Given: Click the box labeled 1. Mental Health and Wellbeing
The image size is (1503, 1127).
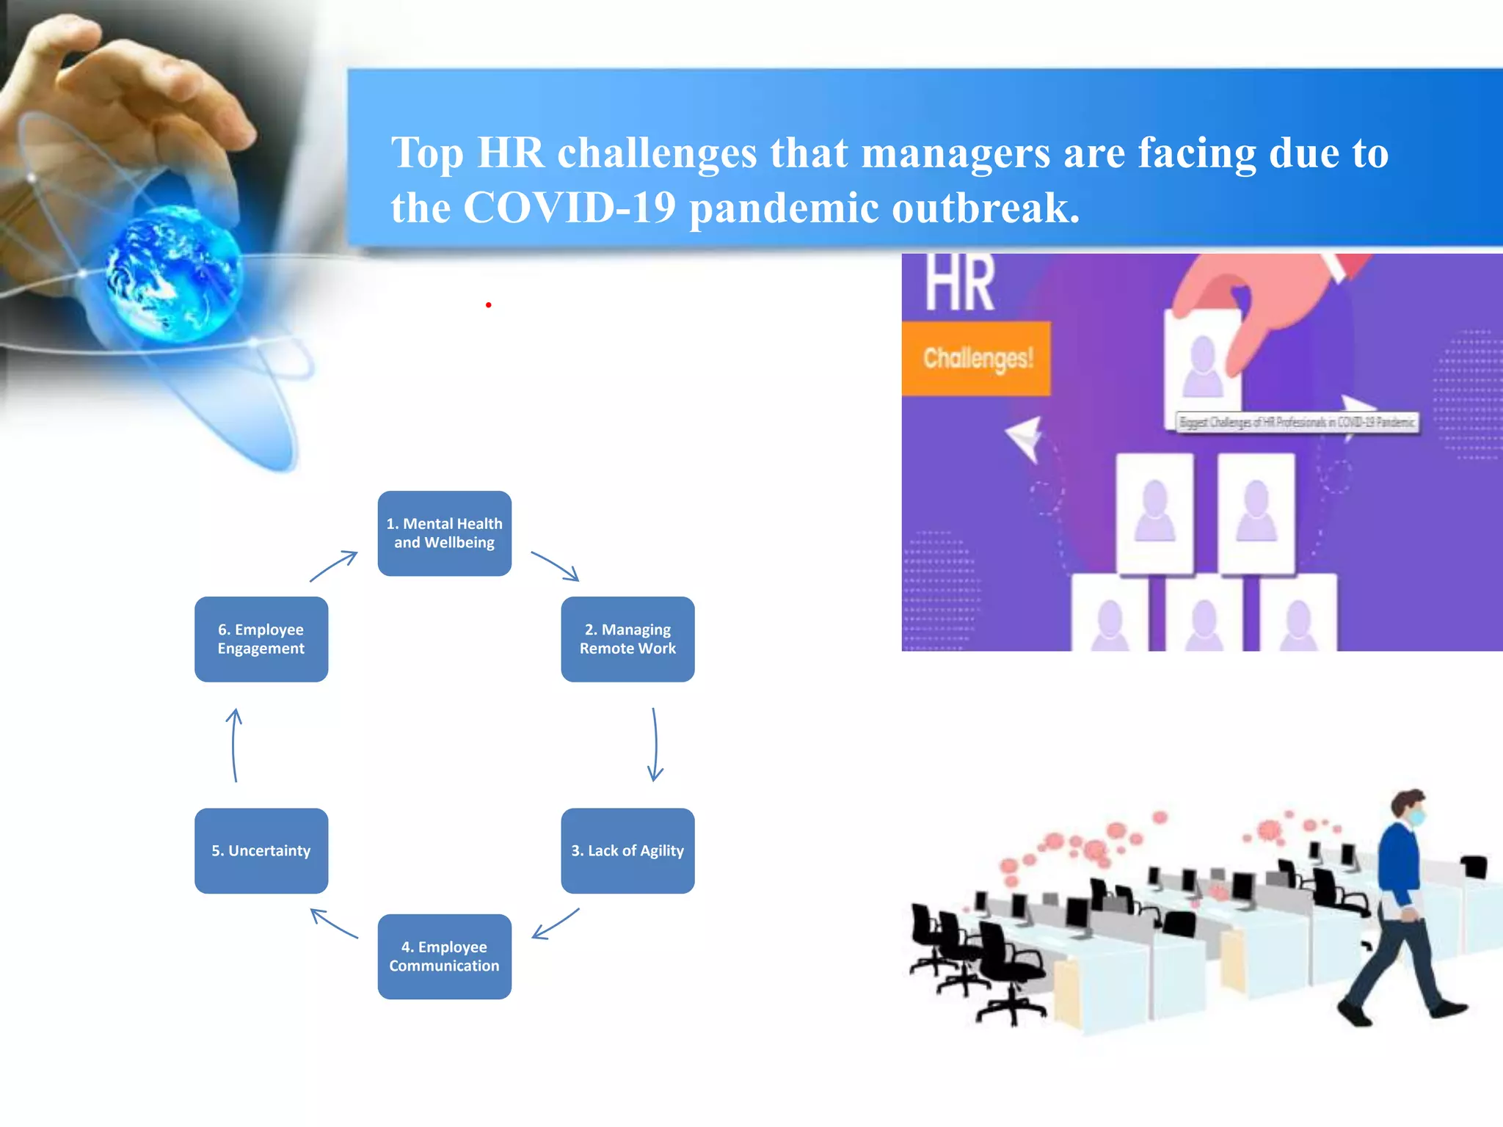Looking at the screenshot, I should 444,533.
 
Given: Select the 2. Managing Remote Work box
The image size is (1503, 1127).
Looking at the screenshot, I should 627,639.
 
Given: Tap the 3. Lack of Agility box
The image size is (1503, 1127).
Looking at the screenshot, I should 627,850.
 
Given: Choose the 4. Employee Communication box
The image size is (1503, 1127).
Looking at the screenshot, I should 444,956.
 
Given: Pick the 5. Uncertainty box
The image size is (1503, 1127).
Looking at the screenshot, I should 261,850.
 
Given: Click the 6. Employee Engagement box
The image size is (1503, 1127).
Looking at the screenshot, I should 261,639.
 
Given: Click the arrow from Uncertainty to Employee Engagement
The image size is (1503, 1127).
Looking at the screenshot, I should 234,745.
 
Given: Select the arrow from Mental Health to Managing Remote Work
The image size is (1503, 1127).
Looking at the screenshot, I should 556,566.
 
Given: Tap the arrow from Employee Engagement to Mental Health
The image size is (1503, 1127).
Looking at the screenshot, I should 333,566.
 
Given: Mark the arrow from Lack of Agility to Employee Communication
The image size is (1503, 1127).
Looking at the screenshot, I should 556,924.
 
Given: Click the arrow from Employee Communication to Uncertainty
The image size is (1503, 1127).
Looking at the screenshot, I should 334,924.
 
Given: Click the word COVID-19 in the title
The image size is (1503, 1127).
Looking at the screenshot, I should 569,208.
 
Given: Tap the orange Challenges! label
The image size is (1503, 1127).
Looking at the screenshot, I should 977,359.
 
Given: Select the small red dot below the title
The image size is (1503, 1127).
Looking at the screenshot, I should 488,304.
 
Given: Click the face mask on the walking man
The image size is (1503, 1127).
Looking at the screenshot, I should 1416,817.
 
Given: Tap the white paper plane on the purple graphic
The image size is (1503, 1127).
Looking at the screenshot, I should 1025,439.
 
